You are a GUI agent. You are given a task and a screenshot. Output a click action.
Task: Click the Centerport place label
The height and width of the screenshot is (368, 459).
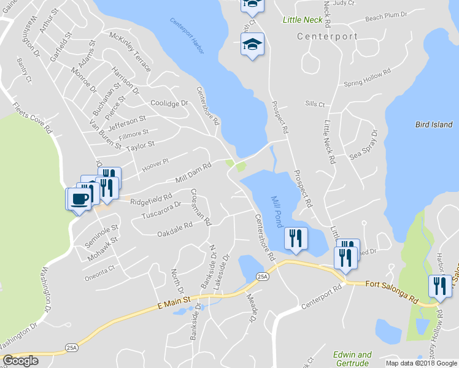click(x=327, y=36)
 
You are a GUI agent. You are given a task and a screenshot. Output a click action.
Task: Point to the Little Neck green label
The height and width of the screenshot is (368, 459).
click(x=302, y=20)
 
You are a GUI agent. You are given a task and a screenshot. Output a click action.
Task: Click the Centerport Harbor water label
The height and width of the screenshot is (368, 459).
click(x=187, y=37)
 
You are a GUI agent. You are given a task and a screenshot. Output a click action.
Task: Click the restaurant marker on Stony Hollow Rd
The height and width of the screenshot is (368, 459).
click(x=440, y=286)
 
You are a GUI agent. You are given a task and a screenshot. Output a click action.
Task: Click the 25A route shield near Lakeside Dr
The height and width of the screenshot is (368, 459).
click(x=263, y=277)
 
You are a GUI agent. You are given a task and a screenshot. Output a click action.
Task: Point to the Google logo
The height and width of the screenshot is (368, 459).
click(x=20, y=361)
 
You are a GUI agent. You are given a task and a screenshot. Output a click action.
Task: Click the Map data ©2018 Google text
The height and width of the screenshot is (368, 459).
click(x=421, y=363)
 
